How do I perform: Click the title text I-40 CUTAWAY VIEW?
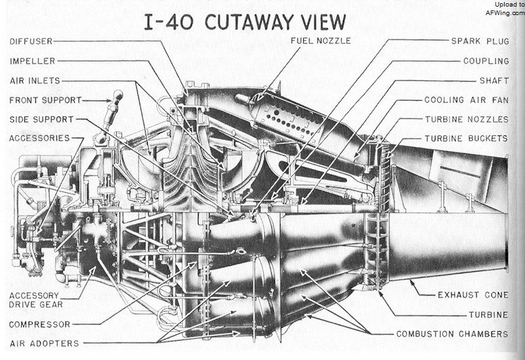[x=245, y=22]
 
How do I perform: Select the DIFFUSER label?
[x=31, y=41]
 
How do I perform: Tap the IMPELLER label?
[x=32, y=61]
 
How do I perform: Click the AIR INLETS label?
[x=35, y=81]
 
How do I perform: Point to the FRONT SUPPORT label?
[x=45, y=100]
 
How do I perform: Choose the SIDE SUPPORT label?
[x=41, y=119]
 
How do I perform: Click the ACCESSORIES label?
[x=39, y=138]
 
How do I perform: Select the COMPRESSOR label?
[x=40, y=324]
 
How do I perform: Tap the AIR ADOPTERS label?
[x=44, y=343]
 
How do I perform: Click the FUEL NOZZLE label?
[x=321, y=41]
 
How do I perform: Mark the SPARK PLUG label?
[x=480, y=41]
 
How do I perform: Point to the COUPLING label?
[x=486, y=61]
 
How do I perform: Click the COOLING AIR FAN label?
[x=467, y=100]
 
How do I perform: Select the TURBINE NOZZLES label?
[x=467, y=119]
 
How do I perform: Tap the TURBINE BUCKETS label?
[x=467, y=138]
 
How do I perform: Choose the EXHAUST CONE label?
[x=473, y=295]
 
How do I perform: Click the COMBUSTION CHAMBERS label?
[x=452, y=334]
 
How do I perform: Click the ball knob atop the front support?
[x=118, y=95]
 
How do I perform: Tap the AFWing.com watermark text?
[x=505, y=13]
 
